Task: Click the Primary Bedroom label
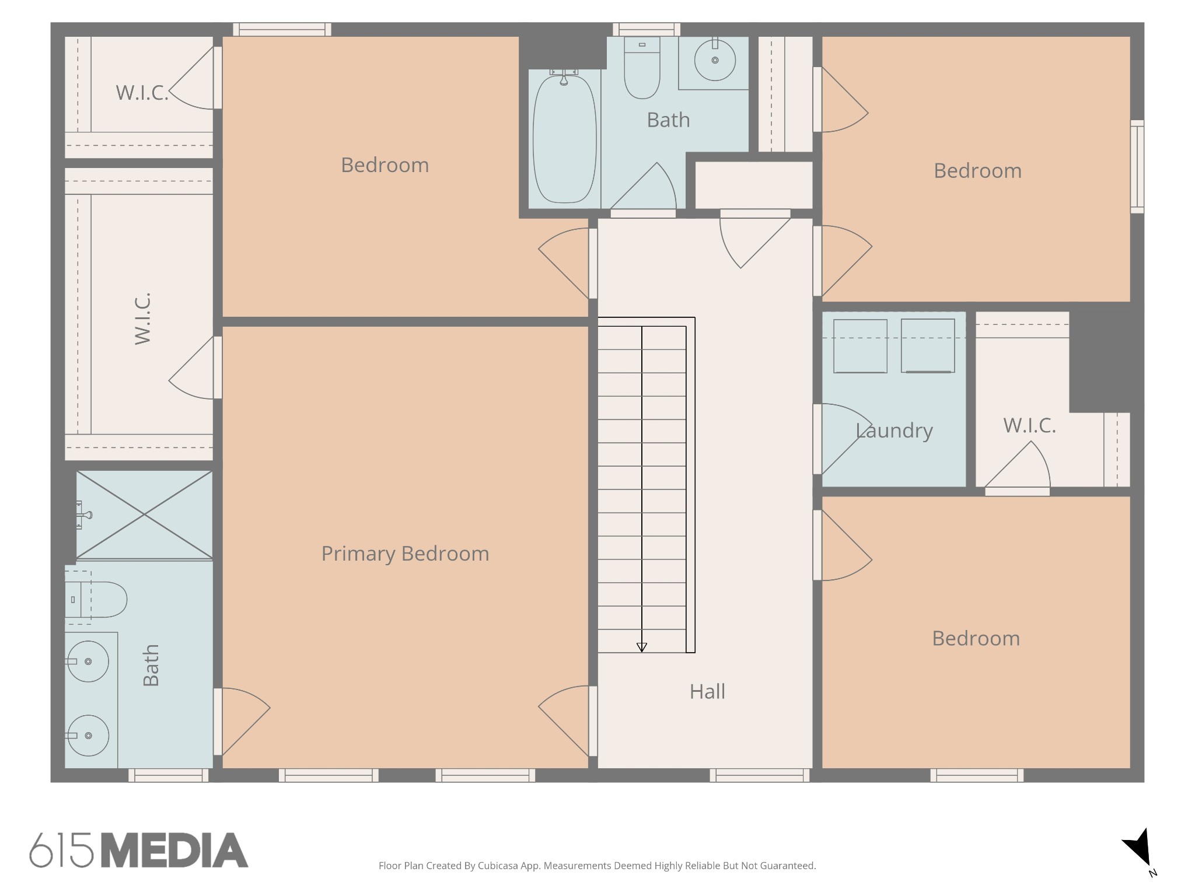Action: (405, 554)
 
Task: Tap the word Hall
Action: (707, 691)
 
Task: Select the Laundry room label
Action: (894, 430)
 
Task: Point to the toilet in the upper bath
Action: (642, 68)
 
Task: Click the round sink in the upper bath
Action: (715, 60)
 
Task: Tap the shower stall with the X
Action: (144, 514)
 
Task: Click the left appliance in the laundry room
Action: (860, 346)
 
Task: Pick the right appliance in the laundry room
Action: (928, 345)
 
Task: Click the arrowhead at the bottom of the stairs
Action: (642, 647)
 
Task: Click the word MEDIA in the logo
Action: (175, 850)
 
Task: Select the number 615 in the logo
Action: (62, 850)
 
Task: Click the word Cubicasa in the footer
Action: (498, 866)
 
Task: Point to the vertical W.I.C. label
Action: (143, 318)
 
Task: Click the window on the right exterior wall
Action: (1137, 166)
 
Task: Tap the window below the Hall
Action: (760, 775)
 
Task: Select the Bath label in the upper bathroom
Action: (668, 120)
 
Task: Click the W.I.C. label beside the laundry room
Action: (1029, 425)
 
